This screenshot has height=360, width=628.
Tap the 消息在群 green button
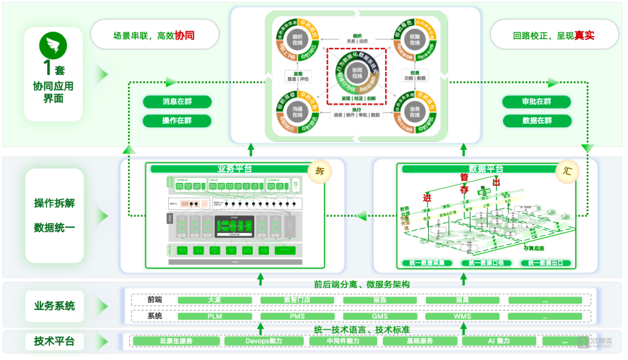177,102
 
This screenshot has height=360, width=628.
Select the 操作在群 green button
177,121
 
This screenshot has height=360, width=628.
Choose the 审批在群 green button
536,102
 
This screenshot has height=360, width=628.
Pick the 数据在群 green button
536,121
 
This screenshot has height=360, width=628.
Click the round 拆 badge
319,170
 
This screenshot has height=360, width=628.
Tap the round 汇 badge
567,170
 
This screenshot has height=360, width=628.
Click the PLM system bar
215,316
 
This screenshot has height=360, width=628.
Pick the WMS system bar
463,316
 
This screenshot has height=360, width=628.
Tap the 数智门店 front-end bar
298,300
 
